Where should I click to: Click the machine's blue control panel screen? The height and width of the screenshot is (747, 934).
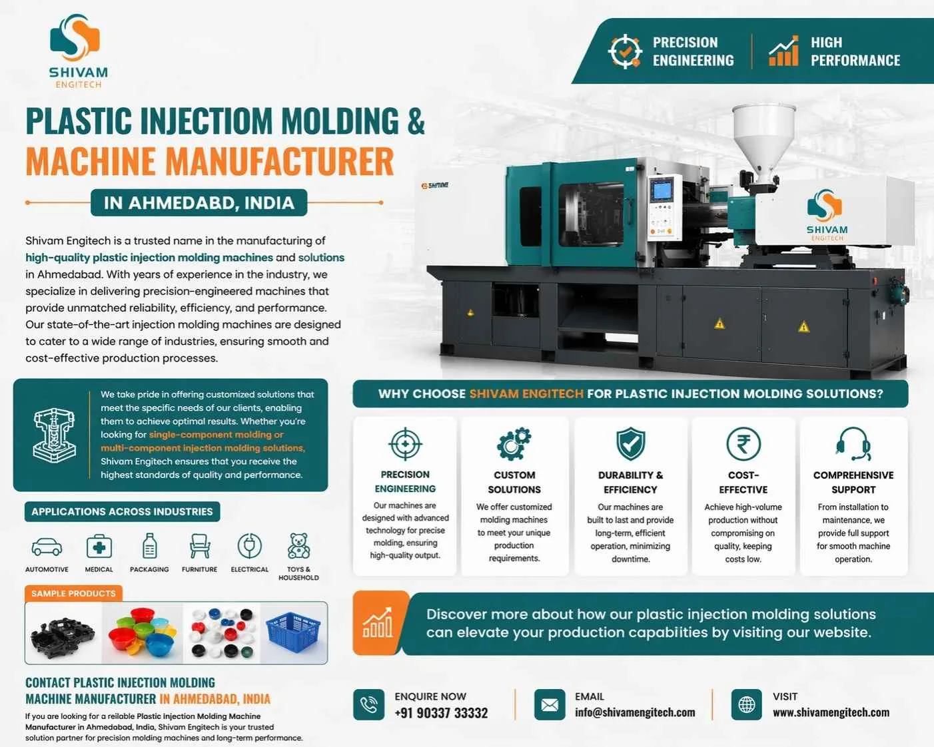662,190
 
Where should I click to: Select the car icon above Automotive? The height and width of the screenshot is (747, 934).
47,547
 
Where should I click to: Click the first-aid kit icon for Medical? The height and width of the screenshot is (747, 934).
99,547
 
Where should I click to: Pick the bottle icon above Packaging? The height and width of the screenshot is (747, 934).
150,546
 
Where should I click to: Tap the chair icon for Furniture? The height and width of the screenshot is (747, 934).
199,546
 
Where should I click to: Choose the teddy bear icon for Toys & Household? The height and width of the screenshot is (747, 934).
298,546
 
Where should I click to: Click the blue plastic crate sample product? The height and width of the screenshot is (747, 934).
293,632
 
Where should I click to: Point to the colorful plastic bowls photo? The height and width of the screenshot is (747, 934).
142,632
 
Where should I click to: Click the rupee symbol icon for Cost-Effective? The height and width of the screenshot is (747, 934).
743,444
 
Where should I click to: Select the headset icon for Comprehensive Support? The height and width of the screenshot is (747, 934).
853,444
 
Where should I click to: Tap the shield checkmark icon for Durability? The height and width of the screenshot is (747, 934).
630,444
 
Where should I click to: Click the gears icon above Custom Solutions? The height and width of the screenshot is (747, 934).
514,444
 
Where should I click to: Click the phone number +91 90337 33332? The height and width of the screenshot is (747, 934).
441,713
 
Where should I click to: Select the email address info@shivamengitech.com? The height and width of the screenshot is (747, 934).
635,712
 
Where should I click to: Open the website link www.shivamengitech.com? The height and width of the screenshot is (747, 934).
831,712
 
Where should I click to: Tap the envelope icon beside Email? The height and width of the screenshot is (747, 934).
550,704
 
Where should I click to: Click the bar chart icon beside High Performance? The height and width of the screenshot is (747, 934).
783,51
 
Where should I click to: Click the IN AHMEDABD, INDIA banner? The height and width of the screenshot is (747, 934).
199,203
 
